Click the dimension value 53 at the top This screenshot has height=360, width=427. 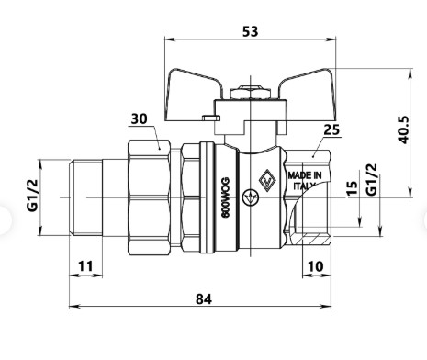(250, 31)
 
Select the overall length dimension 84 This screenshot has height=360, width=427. (204, 299)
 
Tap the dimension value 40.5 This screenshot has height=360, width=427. (403, 129)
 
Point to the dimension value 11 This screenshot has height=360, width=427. (85, 266)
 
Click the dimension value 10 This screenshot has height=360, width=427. (315, 266)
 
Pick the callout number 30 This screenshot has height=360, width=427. (139, 118)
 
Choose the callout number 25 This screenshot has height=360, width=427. (331, 129)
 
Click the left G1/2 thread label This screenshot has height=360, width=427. (32, 195)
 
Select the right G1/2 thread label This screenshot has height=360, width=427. (372, 179)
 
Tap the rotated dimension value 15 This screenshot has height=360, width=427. (352, 188)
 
